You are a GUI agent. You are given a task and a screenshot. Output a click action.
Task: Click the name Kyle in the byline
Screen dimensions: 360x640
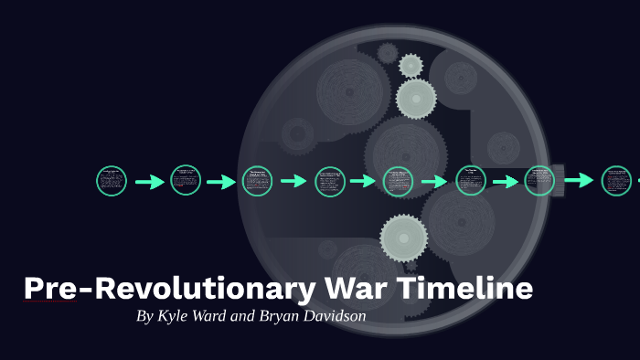[176, 317]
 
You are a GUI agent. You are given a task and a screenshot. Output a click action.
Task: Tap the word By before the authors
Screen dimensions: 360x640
[144, 317]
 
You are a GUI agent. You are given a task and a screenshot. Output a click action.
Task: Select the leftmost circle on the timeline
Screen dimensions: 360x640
[112, 181]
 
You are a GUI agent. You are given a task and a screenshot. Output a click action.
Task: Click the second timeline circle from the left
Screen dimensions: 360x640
[186, 180]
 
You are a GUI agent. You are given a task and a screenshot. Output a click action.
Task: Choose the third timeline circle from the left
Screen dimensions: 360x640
[257, 181]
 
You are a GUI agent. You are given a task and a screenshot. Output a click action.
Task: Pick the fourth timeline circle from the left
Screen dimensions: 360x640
[330, 182]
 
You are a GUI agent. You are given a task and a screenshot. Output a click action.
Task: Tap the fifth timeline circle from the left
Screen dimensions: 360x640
[399, 182]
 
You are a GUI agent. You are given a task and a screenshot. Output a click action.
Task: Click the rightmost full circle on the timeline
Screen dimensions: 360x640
[616, 181]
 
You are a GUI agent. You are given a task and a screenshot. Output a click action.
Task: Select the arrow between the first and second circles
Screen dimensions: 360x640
[149, 182]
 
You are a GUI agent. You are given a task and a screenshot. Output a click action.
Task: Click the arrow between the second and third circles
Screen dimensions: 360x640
[221, 182]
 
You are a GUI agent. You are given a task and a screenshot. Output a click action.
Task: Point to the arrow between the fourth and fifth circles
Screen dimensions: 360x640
[364, 182]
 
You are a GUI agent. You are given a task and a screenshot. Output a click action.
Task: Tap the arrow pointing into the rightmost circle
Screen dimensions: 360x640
[579, 181]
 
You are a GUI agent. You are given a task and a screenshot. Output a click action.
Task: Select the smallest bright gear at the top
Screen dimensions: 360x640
[411, 65]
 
